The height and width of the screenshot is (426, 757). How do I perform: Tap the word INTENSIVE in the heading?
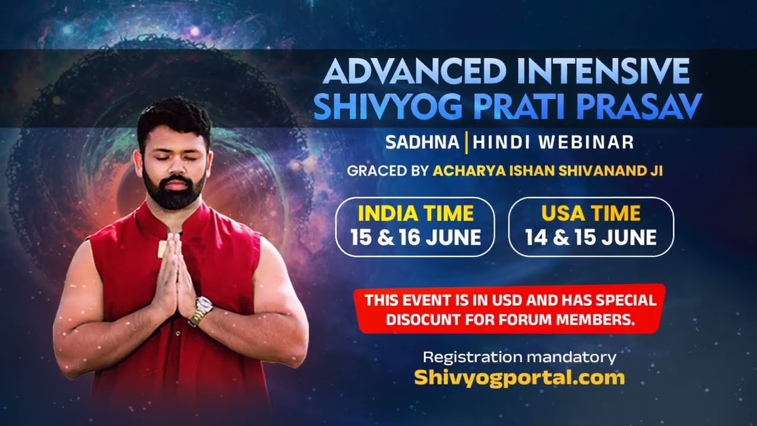click(x=601, y=72)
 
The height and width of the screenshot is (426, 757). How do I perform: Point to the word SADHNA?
click(x=422, y=143)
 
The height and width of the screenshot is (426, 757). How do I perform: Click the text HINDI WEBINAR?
click(x=554, y=143)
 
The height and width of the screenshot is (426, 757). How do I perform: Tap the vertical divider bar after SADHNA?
click(x=467, y=143)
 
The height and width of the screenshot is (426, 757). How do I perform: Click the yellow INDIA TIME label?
click(x=416, y=213)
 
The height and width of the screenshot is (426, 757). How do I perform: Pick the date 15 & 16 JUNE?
click(x=416, y=237)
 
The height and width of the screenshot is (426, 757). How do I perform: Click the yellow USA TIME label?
click(x=591, y=213)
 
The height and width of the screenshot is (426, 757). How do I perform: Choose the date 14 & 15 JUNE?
click(x=591, y=237)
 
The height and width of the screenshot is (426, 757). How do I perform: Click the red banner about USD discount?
click(x=510, y=309)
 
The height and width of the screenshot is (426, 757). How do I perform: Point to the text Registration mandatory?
click(x=519, y=357)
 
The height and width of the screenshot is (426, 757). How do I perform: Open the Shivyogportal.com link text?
click(x=519, y=377)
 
